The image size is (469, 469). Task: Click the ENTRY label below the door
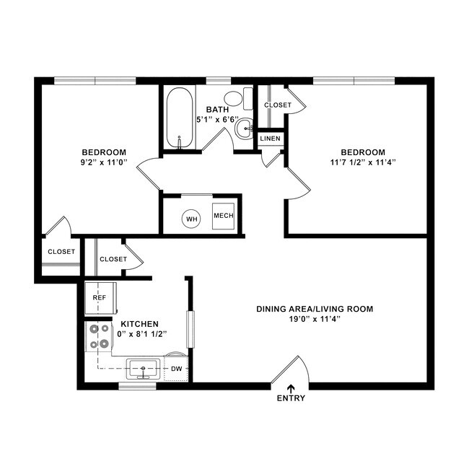coord(291,398)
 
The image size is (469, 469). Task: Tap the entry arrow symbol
coord(291,387)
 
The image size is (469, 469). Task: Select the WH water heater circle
coord(191,218)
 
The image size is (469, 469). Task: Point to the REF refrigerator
coord(100,297)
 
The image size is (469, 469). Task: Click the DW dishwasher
coord(176,369)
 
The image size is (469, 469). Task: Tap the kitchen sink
coord(144,369)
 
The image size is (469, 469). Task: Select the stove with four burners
coord(100,336)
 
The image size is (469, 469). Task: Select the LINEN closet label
coord(270,138)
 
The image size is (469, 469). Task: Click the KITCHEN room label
coord(140,324)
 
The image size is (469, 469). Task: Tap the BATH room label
coord(217,110)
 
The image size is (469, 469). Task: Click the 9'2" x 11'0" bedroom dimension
coord(104,162)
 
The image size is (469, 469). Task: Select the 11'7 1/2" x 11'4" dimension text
coord(363,162)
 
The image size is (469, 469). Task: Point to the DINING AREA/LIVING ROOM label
coord(315,309)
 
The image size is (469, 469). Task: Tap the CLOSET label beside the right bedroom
coord(278,105)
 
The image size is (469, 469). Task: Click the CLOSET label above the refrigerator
coord(113,259)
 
